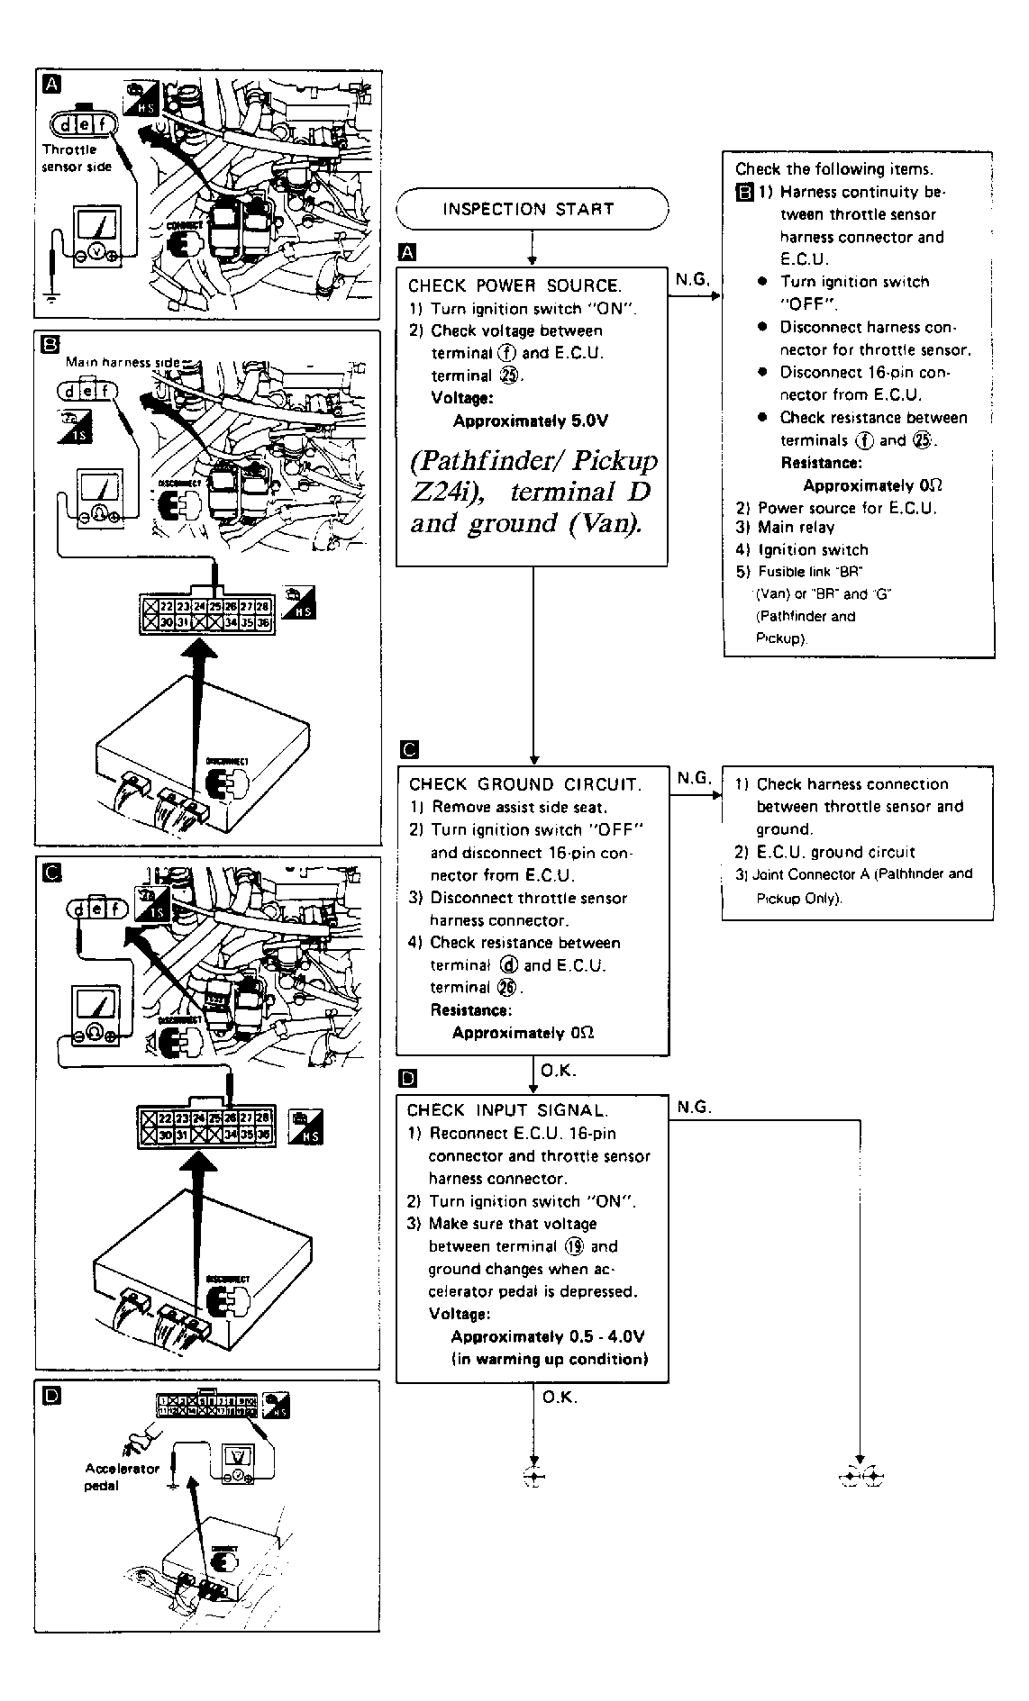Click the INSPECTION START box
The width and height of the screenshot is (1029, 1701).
(532, 210)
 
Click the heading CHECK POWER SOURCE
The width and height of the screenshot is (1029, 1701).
(514, 286)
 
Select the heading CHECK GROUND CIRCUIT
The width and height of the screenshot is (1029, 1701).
(524, 784)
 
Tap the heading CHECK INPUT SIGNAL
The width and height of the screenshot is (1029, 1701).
(507, 1110)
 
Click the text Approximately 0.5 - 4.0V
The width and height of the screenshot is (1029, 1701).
(547, 1336)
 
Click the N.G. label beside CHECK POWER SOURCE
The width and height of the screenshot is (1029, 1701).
(692, 280)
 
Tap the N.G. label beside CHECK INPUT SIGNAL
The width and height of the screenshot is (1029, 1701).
(693, 1107)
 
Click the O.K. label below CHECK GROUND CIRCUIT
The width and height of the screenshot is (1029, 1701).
(558, 1071)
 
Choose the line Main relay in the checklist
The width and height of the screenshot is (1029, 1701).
(796, 528)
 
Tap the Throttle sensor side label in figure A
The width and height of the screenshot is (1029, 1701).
(77, 158)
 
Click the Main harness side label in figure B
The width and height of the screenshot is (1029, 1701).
(123, 362)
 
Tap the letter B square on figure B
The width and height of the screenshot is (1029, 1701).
(51, 343)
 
